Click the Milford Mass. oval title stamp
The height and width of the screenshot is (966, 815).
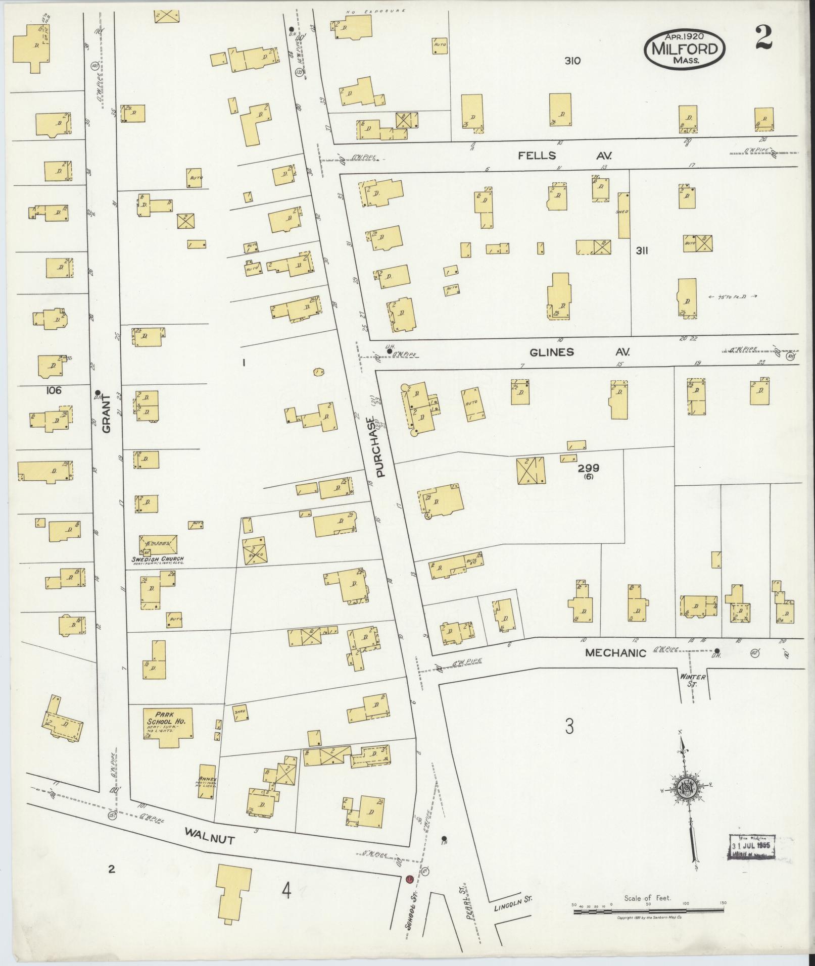[x=684, y=49]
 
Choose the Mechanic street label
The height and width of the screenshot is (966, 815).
[x=615, y=652]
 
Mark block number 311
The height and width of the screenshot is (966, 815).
[x=642, y=250]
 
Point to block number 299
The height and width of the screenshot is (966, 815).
[x=588, y=468]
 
